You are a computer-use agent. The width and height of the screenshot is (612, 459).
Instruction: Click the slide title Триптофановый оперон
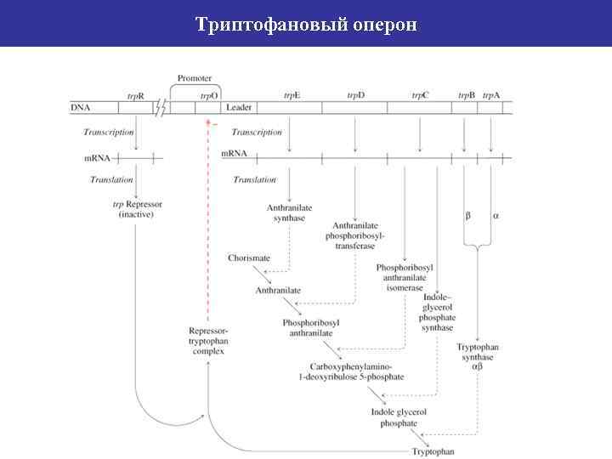tap(306, 23)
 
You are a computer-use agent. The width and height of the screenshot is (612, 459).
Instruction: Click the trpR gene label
tap(136, 95)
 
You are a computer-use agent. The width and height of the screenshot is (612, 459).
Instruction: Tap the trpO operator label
tap(208, 95)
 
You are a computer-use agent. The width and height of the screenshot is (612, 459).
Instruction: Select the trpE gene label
tap(292, 95)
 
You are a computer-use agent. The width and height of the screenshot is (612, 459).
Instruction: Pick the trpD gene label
tap(355, 95)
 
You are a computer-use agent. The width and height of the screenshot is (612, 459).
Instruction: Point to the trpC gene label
tap(420, 95)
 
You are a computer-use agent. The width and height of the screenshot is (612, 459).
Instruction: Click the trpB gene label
tap(466, 95)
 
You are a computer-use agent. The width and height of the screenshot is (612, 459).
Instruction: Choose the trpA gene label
tap(491, 95)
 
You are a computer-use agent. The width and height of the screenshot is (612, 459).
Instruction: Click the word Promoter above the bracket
tap(195, 78)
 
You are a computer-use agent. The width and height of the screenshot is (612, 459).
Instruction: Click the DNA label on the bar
tap(81, 108)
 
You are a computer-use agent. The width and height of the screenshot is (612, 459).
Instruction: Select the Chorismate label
tap(249, 258)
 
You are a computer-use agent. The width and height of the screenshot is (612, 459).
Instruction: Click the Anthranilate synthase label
tap(289, 212)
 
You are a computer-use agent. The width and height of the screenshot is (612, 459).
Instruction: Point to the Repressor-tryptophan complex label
tap(208, 340)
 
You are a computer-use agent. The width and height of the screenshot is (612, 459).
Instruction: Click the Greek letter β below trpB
tap(467, 216)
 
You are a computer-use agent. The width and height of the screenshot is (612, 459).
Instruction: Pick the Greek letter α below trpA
tap(496, 216)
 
